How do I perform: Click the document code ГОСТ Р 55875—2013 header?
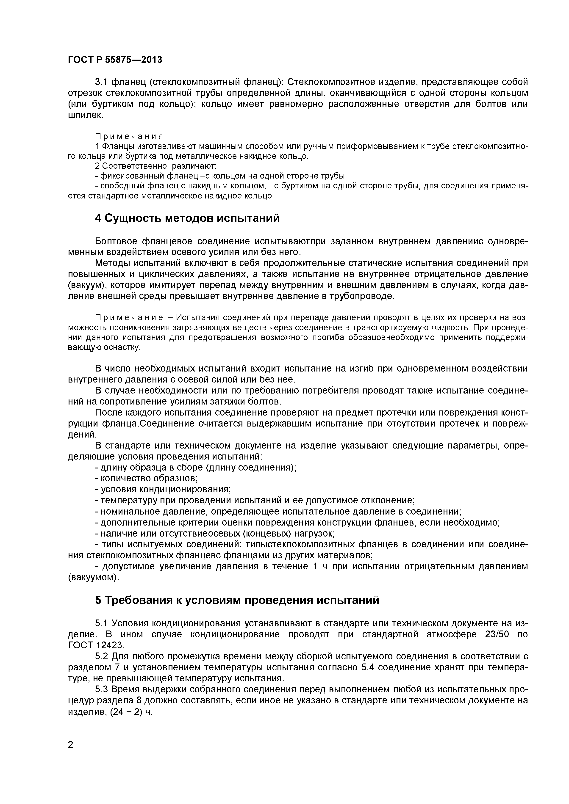point(115,60)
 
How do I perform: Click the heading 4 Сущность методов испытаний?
point(187,218)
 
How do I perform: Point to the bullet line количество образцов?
point(147,478)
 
